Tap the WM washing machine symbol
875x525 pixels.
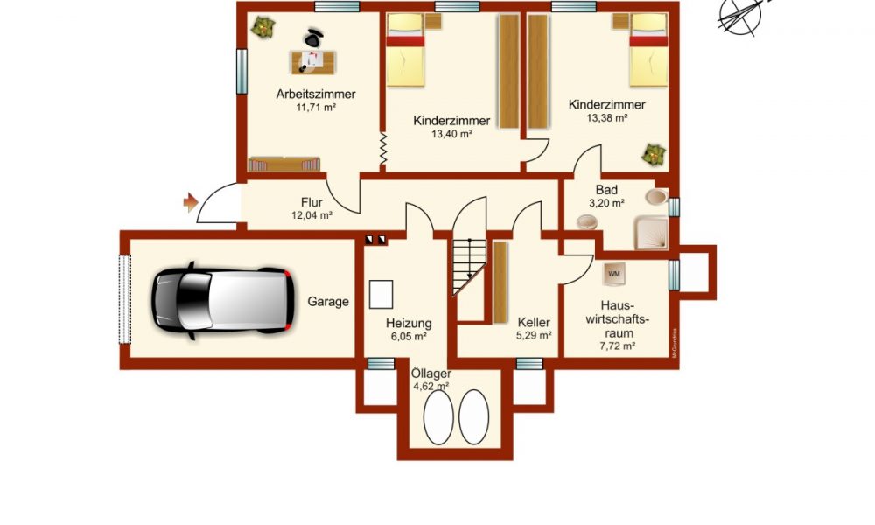[x=614, y=274]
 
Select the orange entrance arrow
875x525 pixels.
[x=191, y=202]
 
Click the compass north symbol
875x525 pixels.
[x=740, y=17]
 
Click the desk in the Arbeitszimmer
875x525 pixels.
[x=313, y=62]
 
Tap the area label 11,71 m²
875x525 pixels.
[x=316, y=108]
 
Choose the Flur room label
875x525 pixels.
[x=312, y=202]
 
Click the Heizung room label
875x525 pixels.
[x=409, y=324]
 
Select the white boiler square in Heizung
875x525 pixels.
[x=381, y=295]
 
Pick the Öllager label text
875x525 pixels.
[x=430, y=374]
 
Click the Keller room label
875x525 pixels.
[x=534, y=323]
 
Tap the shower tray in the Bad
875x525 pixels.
[x=651, y=232]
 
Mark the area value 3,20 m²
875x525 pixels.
[x=606, y=204]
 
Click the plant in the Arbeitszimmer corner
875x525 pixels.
[x=262, y=27]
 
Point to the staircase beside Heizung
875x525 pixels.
[x=469, y=267]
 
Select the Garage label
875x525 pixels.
[x=328, y=302]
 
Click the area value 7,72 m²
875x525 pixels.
[x=618, y=346]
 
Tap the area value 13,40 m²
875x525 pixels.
[x=452, y=134]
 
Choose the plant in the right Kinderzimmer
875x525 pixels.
[x=654, y=155]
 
